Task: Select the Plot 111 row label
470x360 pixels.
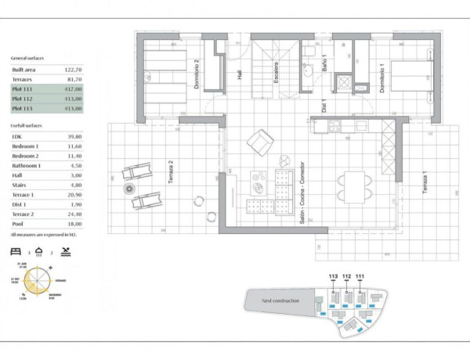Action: click(23, 89)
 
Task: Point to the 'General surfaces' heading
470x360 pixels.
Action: click(27, 59)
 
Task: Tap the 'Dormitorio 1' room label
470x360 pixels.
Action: click(381, 78)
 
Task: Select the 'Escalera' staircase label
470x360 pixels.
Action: click(276, 74)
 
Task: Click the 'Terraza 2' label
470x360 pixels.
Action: click(170, 171)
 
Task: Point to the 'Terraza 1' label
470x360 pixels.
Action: click(424, 182)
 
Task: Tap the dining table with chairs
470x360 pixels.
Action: click(350, 187)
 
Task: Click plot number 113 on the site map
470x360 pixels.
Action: click(333, 276)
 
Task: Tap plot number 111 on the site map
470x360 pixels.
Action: click(360, 276)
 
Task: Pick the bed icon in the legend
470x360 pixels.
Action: click(16, 252)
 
